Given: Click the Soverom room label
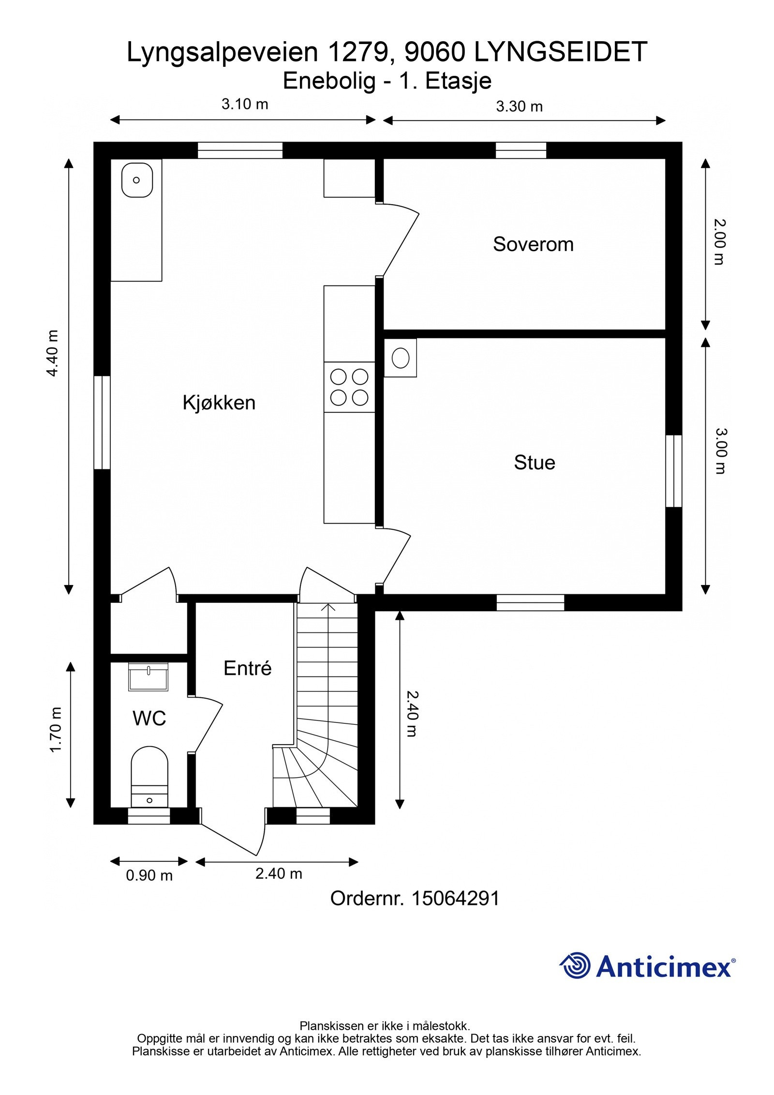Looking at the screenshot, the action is coord(533,244).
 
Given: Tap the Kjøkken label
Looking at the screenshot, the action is coord(219,403).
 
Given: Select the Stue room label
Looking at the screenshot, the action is coord(534,463).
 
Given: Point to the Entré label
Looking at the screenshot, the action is coord(247,668).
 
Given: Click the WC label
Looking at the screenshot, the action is coord(149,719).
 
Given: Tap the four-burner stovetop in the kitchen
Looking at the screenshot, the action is coord(349,387).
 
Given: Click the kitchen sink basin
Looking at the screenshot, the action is coord(137,180).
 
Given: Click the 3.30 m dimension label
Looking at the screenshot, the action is coord(519,106).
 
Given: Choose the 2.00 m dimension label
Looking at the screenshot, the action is coord(720,242).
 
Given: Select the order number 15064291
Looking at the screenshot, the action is coord(455,899).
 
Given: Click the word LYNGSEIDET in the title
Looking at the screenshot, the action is coord(560,52).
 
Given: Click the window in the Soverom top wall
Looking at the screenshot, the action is coord(521,150).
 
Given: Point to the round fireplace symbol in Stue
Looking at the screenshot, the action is coord(400,359).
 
